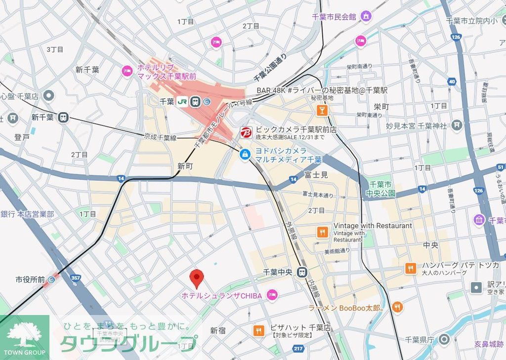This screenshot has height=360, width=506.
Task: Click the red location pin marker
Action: (x=197, y=278)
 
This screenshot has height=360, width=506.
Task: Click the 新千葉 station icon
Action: (x=63, y=118)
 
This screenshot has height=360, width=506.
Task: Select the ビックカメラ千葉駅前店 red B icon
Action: (x=246, y=132)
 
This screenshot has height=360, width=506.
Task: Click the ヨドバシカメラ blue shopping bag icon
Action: (x=245, y=155)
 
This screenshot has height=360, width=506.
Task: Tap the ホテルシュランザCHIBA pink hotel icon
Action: (x=272, y=295)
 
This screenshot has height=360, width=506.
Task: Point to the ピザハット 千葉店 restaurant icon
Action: (x=258, y=331)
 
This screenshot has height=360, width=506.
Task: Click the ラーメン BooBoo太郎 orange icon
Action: (x=397, y=308)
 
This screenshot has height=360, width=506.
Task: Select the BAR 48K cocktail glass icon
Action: (x=322, y=110)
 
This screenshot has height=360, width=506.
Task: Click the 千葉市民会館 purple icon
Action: (x=366, y=17)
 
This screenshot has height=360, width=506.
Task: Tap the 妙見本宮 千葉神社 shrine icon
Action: (x=456, y=125)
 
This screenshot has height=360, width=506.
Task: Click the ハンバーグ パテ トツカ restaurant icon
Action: (x=410, y=269)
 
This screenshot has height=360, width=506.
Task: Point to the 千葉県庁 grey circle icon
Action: (x=444, y=339)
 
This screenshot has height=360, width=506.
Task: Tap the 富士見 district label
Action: (x=317, y=175)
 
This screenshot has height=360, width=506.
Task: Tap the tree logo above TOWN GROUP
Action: (x=24, y=335)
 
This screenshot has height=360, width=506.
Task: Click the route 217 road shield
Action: (x=298, y=349)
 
